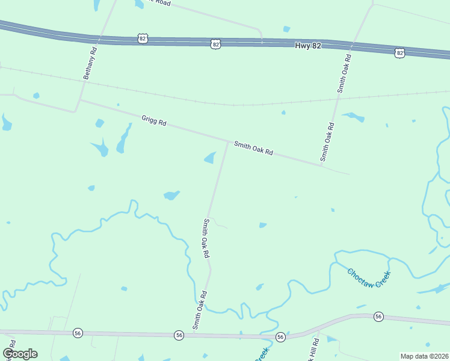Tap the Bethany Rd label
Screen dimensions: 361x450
(90, 64)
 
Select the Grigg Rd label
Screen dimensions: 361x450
(153, 120)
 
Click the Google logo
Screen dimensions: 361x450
(20, 354)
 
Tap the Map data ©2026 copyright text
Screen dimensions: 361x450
(425, 356)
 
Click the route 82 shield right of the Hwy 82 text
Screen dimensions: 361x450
(400, 53)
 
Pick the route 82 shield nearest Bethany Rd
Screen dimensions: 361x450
(142, 39)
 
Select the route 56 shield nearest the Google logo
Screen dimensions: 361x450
(78, 333)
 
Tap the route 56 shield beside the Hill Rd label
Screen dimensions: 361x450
(280, 337)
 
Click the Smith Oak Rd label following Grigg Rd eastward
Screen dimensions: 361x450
(253, 148)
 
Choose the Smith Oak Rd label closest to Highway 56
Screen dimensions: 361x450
(200, 310)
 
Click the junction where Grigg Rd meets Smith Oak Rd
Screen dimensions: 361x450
(228, 142)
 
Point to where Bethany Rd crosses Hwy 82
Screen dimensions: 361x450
(99, 39)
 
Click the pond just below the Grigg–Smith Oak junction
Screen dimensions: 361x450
(210, 158)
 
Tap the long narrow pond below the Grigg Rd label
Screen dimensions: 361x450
(123, 139)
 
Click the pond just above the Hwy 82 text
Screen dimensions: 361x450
(286, 29)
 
